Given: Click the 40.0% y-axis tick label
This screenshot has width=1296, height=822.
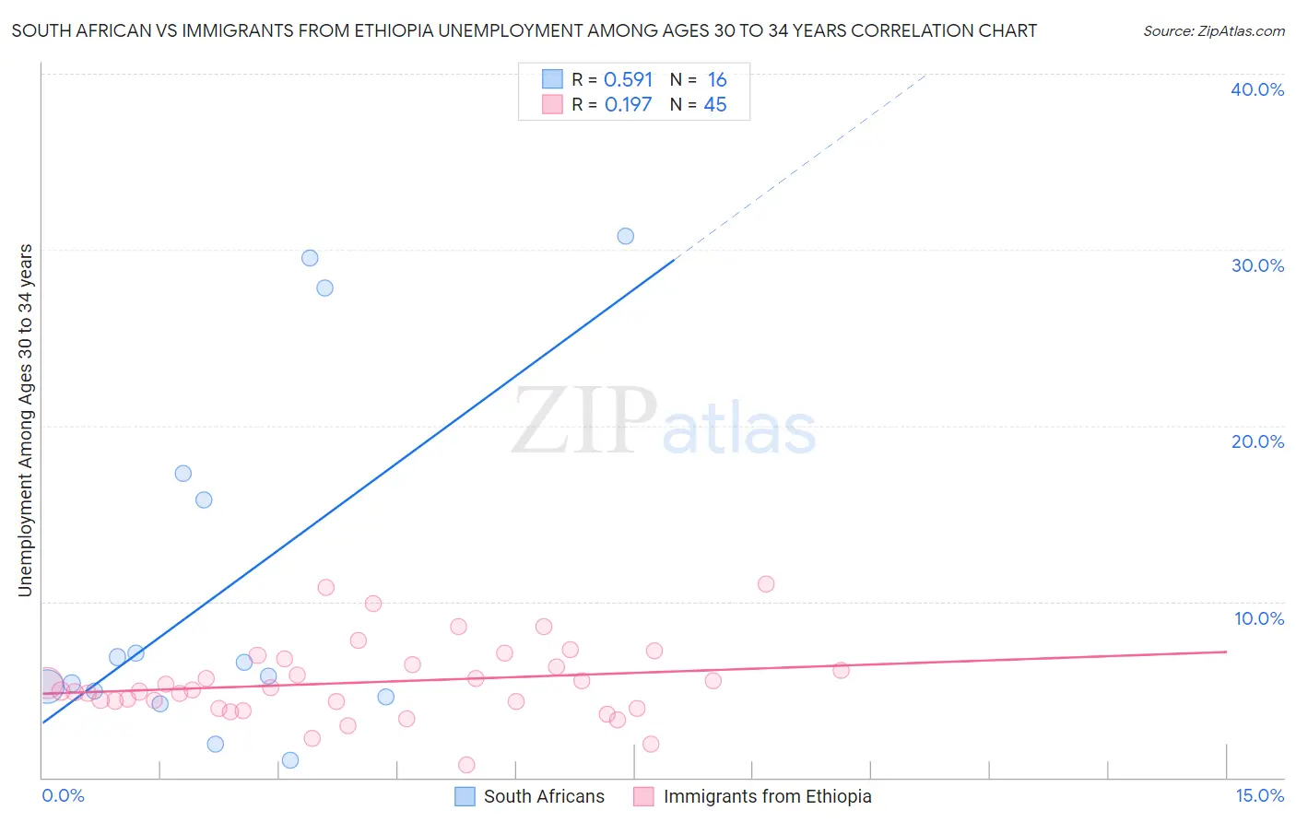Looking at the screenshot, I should pyautogui.click(x=1257, y=89).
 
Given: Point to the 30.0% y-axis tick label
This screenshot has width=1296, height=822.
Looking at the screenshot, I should pyautogui.click(x=1257, y=265).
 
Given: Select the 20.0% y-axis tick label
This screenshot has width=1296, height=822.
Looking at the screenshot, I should pyautogui.click(x=1257, y=441).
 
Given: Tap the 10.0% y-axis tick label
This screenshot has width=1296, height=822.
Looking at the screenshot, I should pyautogui.click(x=1259, y=618).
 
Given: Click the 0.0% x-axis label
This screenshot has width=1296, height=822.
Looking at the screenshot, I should pyautogui.click(x=64, y=795).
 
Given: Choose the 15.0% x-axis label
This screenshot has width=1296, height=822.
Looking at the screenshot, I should pyautogui.click(x=1259, y=795).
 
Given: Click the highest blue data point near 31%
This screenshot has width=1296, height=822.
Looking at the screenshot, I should pyautogui.click(x=625, y=236).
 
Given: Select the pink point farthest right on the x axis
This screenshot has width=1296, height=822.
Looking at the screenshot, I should pyautogui.click(x=841, y=670).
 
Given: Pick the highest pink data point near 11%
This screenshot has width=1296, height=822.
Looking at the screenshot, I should pyautogui.click(x=765, y=584).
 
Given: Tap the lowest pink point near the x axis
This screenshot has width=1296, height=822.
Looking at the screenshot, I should pyautogui.click(x=466, y=765).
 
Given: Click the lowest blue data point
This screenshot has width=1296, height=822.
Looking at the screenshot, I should pyautogui.click(x=290, y=760).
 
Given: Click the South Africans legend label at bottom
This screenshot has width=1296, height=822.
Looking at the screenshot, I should pyautogui.click(x=544, y=796).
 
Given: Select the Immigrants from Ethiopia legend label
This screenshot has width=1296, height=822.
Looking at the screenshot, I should pyautogui.click(x=767, y=796).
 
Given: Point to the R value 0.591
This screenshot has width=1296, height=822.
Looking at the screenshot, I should pyautogui.click(x=628, y=80).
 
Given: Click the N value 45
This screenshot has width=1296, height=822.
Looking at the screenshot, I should pyautogui.click(x=715, y=105).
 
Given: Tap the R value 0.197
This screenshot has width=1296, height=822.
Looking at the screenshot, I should pyautogui.click(x=628, y=105).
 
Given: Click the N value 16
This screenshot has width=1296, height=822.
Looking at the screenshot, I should pyautogui.click(x=716, y=80).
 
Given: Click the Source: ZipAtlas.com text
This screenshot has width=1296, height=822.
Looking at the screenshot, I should pyautogui.click(x=1213, y=31).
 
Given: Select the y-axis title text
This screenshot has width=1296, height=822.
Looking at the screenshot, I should pyautogui.click(x=26, y=420).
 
